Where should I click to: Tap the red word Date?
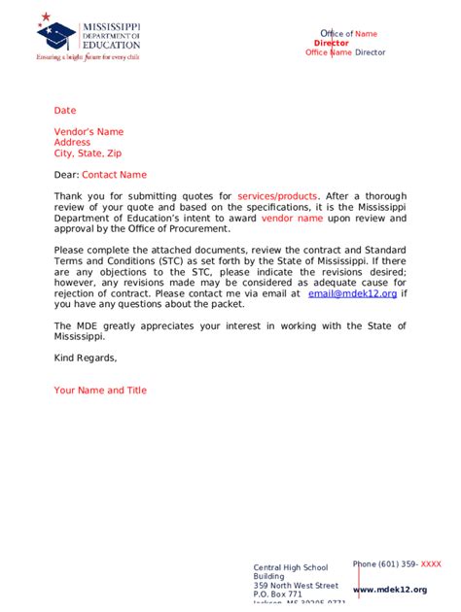tap(64, 111)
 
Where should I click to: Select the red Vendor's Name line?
tap(89, 132)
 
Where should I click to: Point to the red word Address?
tap(72, 143)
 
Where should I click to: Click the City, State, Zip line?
tap(88, 153)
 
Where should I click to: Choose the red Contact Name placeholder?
tap(114, 175)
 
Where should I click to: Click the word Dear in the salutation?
tap(65, 175)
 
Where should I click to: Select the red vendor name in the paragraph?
tap(292, 219)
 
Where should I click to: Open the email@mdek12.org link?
tap(352, 292)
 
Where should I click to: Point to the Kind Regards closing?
tap(86, 357)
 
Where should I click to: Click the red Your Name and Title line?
tap(100, 391)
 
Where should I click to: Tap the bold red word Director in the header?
tap(332, 44)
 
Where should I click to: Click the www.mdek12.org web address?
tap(390, 590)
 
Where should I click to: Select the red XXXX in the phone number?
tap(431, 563)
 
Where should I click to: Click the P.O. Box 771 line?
tap(278, 595)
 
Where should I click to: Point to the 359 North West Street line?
tap(296, 586)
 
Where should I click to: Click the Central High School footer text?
tap(291, 567)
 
